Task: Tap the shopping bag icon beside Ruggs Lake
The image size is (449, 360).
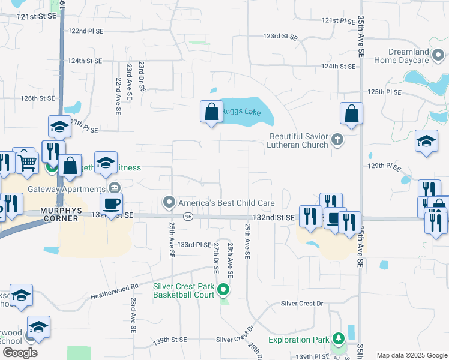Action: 211,112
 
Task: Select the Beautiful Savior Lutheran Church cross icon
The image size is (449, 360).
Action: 337,140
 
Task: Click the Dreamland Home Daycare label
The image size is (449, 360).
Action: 409,56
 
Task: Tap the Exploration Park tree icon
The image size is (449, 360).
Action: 339,340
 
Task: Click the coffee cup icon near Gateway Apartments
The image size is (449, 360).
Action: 111,203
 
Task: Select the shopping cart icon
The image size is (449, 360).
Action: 26,161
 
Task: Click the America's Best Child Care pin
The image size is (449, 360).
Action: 170,202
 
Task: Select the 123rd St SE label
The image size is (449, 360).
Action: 280,37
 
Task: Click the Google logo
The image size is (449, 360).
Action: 20,353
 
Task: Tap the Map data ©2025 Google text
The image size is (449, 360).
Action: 412,355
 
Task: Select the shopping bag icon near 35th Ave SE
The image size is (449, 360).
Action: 351,113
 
